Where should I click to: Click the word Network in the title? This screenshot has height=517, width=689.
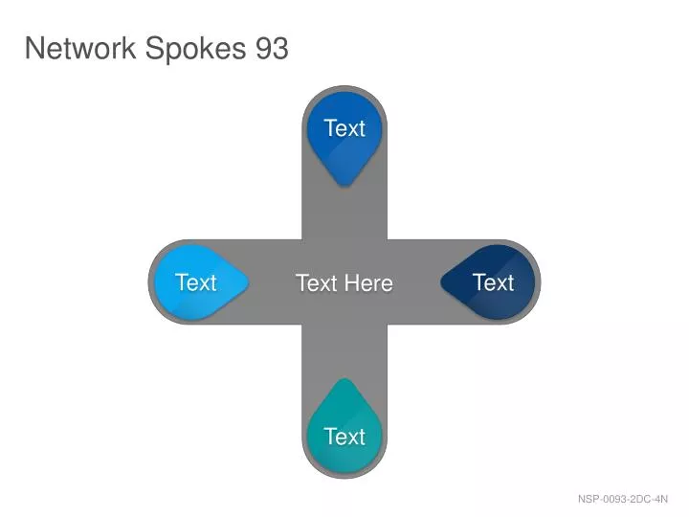coord(80,48)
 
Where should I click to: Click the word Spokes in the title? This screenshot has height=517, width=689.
coord(195,50)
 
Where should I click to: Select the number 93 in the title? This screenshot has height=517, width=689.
coord(272,48)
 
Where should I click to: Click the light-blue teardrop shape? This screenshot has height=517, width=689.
coord(200,282)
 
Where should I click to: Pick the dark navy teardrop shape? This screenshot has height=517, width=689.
coord(488,282)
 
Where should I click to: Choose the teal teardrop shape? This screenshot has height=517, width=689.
coord(344,426)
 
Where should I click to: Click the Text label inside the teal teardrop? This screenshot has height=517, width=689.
coord(344,437)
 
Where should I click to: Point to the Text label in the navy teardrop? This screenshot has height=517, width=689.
coord(494,282)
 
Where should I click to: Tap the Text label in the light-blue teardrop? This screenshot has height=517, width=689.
coord(196,282)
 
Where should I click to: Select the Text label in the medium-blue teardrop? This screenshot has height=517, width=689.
coord(344,128)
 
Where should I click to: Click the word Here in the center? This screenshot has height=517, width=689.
coord(368,282)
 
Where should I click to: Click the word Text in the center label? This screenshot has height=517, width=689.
coord(317,282)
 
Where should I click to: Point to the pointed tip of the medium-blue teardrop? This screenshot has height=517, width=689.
coord(344,186)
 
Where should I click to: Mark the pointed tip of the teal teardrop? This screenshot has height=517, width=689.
coord(344,379)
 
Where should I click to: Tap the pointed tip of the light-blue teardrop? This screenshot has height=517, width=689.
coord(248,282)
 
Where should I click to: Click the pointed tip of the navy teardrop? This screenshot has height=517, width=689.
coord(441,282)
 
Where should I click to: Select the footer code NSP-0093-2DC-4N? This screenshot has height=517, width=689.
coord(623,499)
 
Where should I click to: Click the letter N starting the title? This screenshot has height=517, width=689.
coord(33,48)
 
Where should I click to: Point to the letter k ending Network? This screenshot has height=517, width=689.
coord(130,48)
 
